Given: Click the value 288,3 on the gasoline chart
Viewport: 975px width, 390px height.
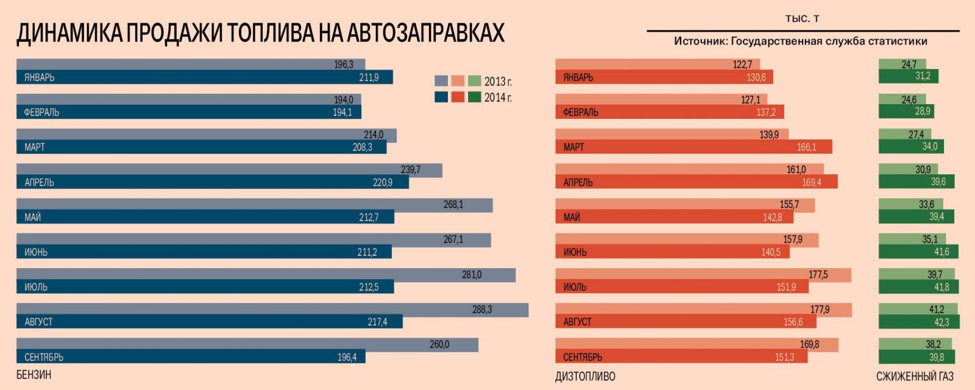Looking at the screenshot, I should coord(481,310).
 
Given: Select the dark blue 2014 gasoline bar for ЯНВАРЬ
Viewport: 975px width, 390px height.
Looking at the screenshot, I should coord(204,77).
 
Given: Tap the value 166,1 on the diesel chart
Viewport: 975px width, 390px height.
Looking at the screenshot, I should coord(806,147).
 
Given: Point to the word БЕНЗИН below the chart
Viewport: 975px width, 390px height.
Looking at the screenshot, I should coord(34,374).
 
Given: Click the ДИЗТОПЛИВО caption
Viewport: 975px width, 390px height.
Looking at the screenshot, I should coord(585,377).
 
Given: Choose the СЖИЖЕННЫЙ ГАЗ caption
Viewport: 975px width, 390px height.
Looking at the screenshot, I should coord(915,377).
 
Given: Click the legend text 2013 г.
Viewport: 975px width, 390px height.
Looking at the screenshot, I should coord(498,81).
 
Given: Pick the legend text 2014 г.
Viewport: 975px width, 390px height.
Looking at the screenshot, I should coord(498,97).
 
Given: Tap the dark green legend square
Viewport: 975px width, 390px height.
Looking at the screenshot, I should coord(474,97).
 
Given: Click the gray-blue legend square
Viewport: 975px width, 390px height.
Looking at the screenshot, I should coord(441,81).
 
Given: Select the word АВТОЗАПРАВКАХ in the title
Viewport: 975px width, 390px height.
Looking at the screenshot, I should coord(425,33).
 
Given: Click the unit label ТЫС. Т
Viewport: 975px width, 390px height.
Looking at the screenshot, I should coord(802,19).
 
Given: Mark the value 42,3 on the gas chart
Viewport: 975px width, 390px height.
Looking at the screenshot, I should coord(941,322).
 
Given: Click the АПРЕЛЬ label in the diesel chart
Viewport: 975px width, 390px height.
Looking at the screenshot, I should coord(578,182).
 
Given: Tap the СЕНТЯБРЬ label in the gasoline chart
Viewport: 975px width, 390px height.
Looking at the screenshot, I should coord(44,357).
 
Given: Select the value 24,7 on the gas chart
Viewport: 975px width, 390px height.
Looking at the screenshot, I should coord(909,64).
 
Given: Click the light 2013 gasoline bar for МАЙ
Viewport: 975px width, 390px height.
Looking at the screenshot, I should coord(254,205).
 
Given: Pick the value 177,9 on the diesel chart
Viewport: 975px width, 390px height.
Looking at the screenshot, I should coord(820,310).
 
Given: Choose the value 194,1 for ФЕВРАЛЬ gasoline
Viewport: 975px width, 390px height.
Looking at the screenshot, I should coord(342,112).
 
